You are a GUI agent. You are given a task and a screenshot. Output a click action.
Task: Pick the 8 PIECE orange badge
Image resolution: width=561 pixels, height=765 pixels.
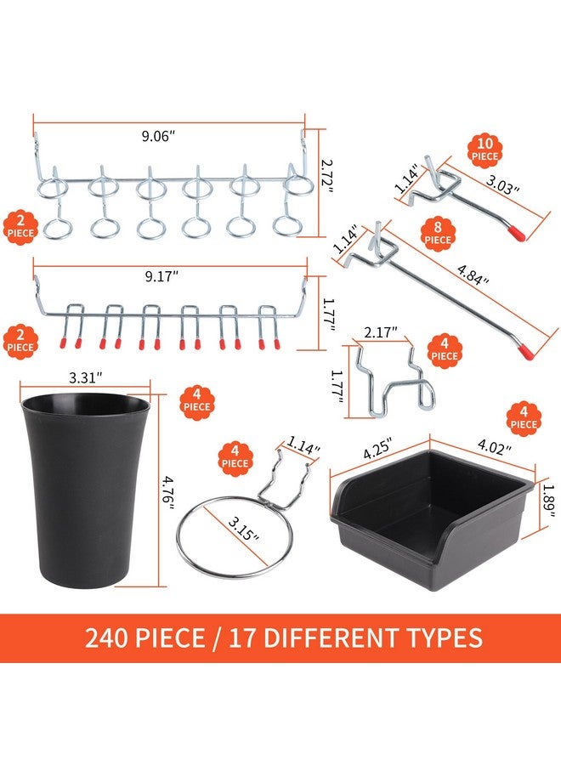(x=438, y=235)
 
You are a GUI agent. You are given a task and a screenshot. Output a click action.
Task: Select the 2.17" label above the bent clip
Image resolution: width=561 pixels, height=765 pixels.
(x=381, y=332)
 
